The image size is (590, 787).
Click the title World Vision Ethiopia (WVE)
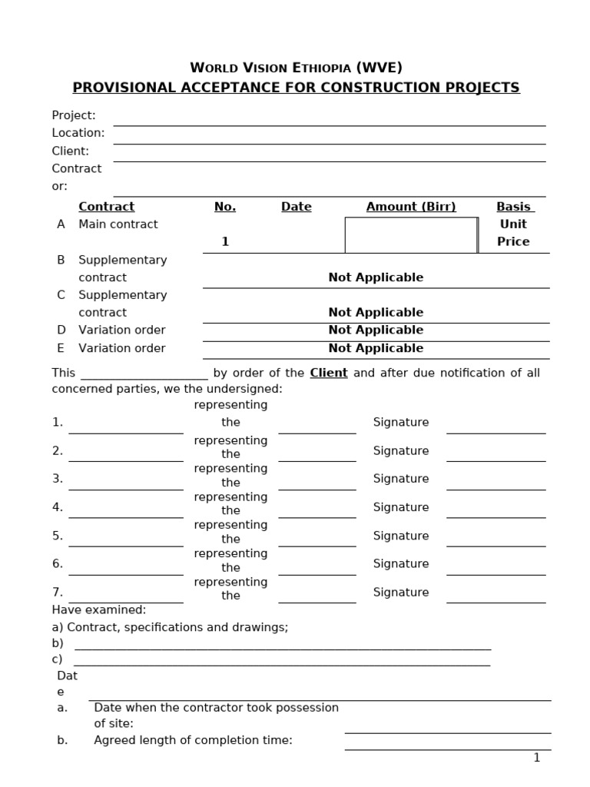pos(296,67)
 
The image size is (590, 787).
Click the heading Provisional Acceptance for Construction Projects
pos(296,88)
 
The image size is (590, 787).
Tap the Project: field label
pos(74,115)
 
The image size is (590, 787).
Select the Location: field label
pos(78,133)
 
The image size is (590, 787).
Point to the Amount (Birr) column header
pos(411,207)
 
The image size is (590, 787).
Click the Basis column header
pos(514,207)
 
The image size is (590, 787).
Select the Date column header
pos(296,207)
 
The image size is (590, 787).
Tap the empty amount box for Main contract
pos(411,234)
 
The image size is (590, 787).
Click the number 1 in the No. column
pos(225,241)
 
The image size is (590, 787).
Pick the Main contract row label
pos(118,224)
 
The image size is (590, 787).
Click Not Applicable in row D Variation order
pos(376,330)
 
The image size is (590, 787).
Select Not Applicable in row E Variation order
pos(376,348)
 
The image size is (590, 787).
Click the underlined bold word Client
pos(329,373)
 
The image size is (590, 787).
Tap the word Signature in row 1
pos(401,422)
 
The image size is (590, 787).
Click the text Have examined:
pos(99,609)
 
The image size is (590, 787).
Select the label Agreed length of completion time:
pos(194,740)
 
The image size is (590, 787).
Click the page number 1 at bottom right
pos(537,758)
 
